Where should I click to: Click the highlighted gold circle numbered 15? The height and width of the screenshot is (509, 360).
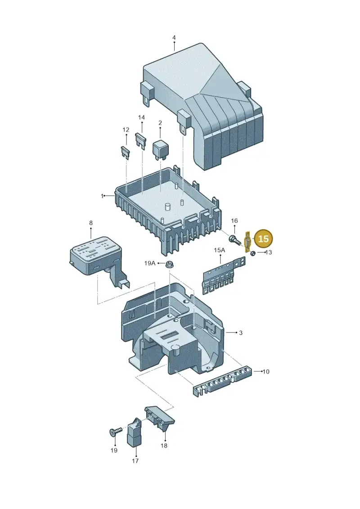coord(264,239)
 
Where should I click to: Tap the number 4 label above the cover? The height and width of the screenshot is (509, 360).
coord(174,38)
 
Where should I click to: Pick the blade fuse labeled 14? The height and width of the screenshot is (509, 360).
coord(141,140)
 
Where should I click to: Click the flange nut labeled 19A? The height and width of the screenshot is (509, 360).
coord(169,265)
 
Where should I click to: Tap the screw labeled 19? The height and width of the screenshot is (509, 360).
coord(116,432)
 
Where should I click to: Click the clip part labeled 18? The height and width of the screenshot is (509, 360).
coord(160,418)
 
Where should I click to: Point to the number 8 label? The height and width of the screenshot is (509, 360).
coord(91,223)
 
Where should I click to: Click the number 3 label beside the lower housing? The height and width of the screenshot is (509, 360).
coord(241,333)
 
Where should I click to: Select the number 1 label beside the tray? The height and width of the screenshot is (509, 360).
coord(102,196)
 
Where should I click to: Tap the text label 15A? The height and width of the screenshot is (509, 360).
coord(220,250)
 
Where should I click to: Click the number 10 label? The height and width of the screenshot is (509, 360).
coord(266,371)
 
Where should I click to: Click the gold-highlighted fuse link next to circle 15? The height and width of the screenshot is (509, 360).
coord(247,242)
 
